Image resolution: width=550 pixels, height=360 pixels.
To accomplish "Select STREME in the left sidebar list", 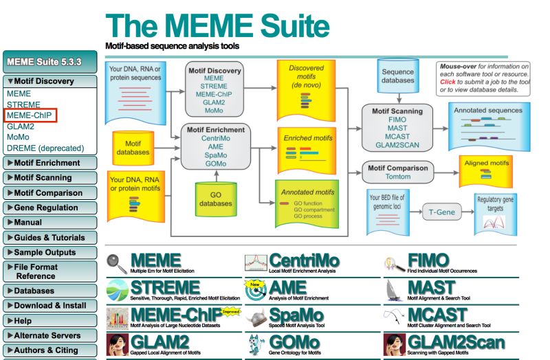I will tap(24, 104).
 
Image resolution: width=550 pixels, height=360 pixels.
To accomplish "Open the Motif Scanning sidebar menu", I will tap(47, 178).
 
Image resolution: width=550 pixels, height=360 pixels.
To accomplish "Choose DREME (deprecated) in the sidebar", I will tap(45, 148).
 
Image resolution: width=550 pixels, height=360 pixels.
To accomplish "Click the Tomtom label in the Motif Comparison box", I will tap(399, 177).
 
